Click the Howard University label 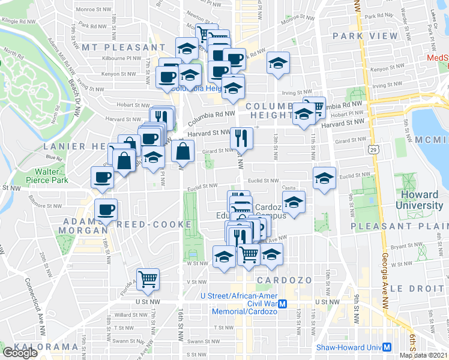coord(419,199)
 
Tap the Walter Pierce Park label coord(51,175)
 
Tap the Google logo coord(20,353)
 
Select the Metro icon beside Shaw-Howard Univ coord(387,347)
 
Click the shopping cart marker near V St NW coord(148,278)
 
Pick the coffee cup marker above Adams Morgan coord(106,210)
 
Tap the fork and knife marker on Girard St coord(241,139)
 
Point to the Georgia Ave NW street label coord(384,251)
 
